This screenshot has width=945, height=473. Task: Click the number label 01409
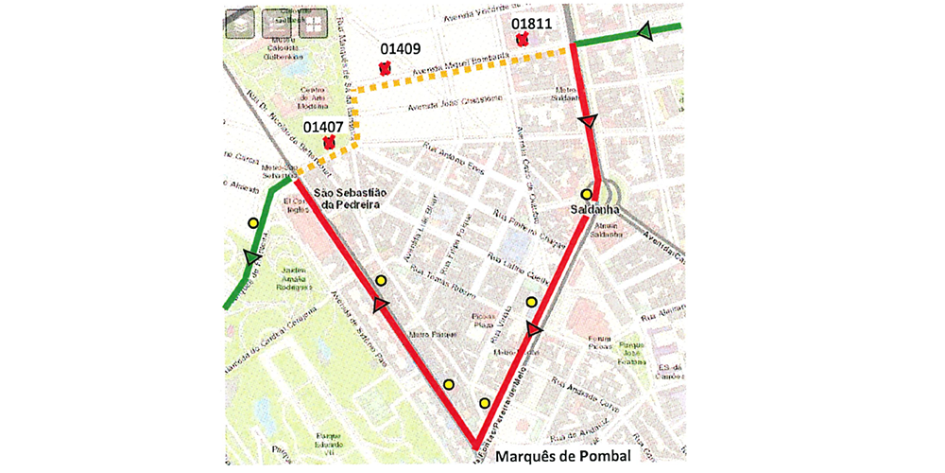click(x=401, y=49)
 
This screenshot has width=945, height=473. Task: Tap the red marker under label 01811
click(x=521, y=40)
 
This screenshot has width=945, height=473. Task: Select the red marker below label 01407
click(x=330, y=144)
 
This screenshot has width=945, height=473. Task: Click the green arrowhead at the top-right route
click(x=644, y=33)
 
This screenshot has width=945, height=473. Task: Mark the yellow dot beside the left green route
click(x=252, y=222)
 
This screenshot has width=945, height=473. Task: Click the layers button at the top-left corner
click(x=242, y=23)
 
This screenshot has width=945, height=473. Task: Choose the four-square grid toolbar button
click(x=313, y=23)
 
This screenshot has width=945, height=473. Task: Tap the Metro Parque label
click(x=426, y=333)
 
